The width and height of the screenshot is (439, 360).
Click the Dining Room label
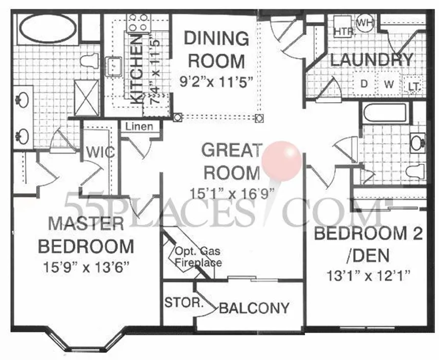[216, 50]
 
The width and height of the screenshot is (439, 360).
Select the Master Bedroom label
[86, 235]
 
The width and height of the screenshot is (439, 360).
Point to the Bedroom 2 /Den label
[368, 243]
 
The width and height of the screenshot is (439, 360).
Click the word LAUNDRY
[371, 60]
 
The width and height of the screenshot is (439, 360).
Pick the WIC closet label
[100, 153]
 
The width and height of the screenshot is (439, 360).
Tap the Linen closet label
[139, 126]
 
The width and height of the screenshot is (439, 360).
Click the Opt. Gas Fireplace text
[198, 257]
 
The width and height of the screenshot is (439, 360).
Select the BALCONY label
[254, 308]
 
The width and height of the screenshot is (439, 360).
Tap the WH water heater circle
[365, 22]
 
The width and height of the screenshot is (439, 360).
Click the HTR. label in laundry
[344, 32]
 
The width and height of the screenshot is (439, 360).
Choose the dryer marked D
[364, 85]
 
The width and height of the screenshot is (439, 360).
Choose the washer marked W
[389, 85]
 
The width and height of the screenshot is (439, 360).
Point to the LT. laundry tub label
[414, 86]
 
